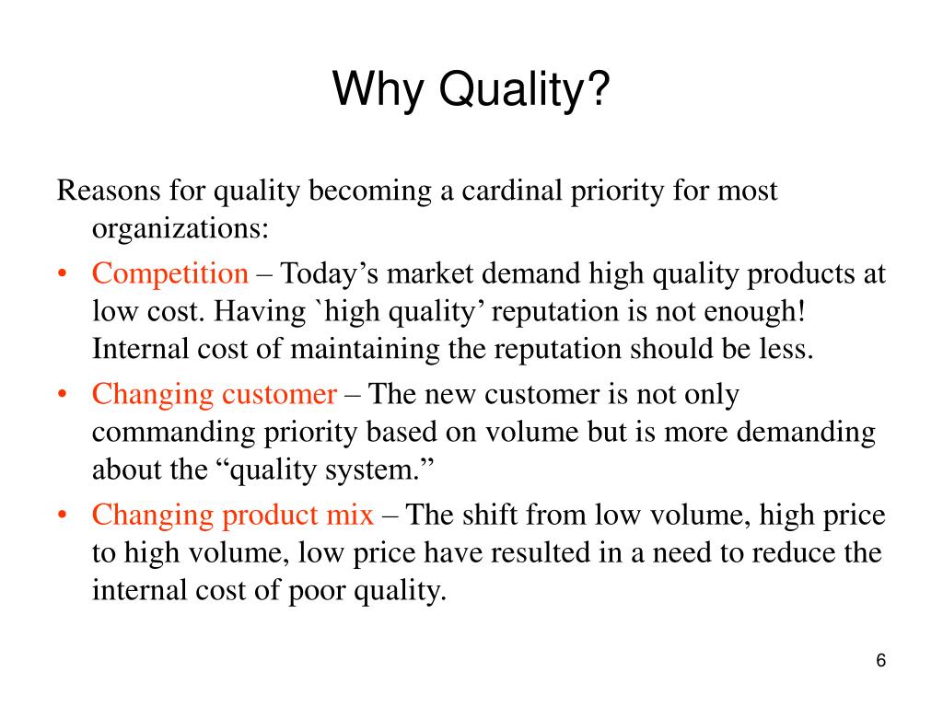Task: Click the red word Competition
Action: pyautogui.click(x=170, y=273)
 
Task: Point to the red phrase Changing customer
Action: pyautogui.click(x=215, y=394)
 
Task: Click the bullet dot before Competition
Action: pyautogui.click(x=62, y=274)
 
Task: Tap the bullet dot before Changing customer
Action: pyautogui.click(x=62, y=395)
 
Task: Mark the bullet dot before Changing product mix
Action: pyautogui.click(x=62, y=515)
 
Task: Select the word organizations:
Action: pyautogui.click(x=180, y=228)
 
